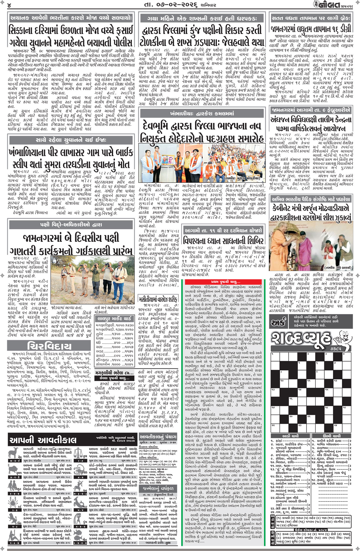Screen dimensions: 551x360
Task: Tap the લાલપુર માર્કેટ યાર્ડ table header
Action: (115, 318)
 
